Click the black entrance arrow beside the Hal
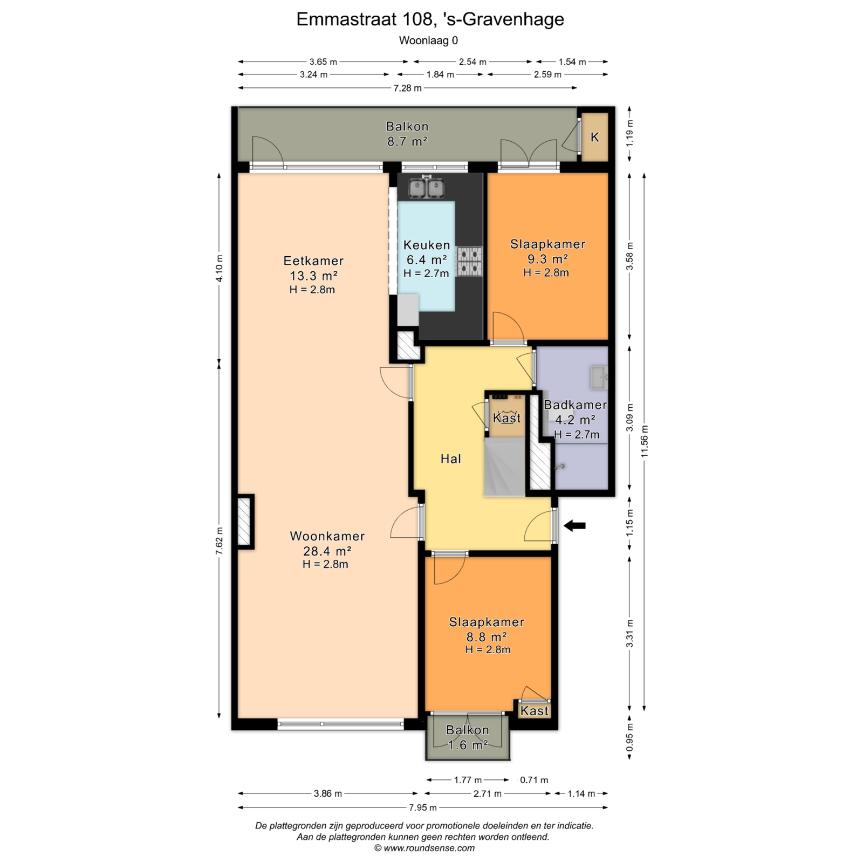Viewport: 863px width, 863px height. (x=575, y=525)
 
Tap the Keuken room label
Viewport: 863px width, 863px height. (x=427, y=245)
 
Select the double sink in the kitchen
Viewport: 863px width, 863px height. (x=426, y=187)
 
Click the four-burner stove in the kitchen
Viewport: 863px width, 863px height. (x=469, y=262)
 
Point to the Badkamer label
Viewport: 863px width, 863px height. (x=575, y=405)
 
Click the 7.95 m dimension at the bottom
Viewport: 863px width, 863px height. (x=423, y=807)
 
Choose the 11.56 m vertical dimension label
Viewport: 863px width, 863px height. (x=645, y=441)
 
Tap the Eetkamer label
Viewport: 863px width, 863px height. (x=313, y=261)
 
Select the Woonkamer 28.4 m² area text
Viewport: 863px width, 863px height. (x=327, y=551)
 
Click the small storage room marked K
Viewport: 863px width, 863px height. (x=594, y=137)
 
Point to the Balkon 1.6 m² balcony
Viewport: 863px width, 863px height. (x=468, y=737)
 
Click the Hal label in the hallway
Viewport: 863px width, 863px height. (x=451, y=459)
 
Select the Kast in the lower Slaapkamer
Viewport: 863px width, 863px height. (x=534, y=710)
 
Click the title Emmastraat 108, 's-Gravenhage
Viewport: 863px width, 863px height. (x=430, y=19)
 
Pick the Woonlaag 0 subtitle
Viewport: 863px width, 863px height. (x=428, y=40)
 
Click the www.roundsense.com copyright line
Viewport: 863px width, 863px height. (x=424, y=848)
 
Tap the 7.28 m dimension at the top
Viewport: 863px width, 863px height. (x=407, y=88)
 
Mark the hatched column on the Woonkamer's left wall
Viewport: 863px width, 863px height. (x=244, y=522)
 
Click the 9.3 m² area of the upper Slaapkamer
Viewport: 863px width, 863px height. (x=547, y=259)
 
